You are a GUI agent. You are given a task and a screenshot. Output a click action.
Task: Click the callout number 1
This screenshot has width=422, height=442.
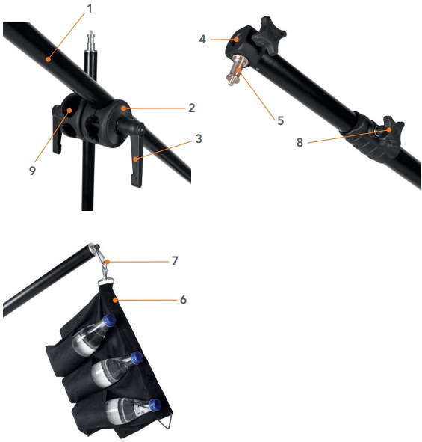(90, 9)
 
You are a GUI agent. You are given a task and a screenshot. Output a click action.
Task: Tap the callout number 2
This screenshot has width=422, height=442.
(192, 108)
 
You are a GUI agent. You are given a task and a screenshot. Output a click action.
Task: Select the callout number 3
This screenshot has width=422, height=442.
(199, 138)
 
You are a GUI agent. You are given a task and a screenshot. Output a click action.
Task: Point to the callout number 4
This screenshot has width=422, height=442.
(202, 40)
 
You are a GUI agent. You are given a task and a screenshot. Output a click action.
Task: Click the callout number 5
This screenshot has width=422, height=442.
(280, 120)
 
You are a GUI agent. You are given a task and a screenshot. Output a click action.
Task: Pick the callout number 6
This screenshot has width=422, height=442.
(183, 299)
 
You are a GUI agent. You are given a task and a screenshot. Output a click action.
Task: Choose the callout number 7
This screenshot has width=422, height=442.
(175, 260)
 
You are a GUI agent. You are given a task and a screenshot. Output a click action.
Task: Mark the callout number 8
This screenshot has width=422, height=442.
(300, 142)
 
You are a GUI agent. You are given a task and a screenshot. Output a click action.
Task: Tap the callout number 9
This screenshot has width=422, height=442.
(33, 171)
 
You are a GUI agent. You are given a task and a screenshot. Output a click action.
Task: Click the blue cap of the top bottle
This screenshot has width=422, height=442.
(109, 320)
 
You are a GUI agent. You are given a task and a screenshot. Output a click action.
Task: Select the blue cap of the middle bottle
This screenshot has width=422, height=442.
(137, 358)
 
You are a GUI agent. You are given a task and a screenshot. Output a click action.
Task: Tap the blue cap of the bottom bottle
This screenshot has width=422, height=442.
(155, 405)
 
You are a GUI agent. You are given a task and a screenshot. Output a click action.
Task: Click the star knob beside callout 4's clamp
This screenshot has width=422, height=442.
(269, 35)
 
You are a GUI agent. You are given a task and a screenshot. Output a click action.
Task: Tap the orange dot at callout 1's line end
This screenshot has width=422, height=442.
(49, 59)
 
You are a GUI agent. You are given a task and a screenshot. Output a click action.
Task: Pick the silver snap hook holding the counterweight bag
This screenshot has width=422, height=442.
(104, 263)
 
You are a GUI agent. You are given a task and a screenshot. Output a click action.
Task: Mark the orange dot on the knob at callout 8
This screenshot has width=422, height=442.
(389, 130)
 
